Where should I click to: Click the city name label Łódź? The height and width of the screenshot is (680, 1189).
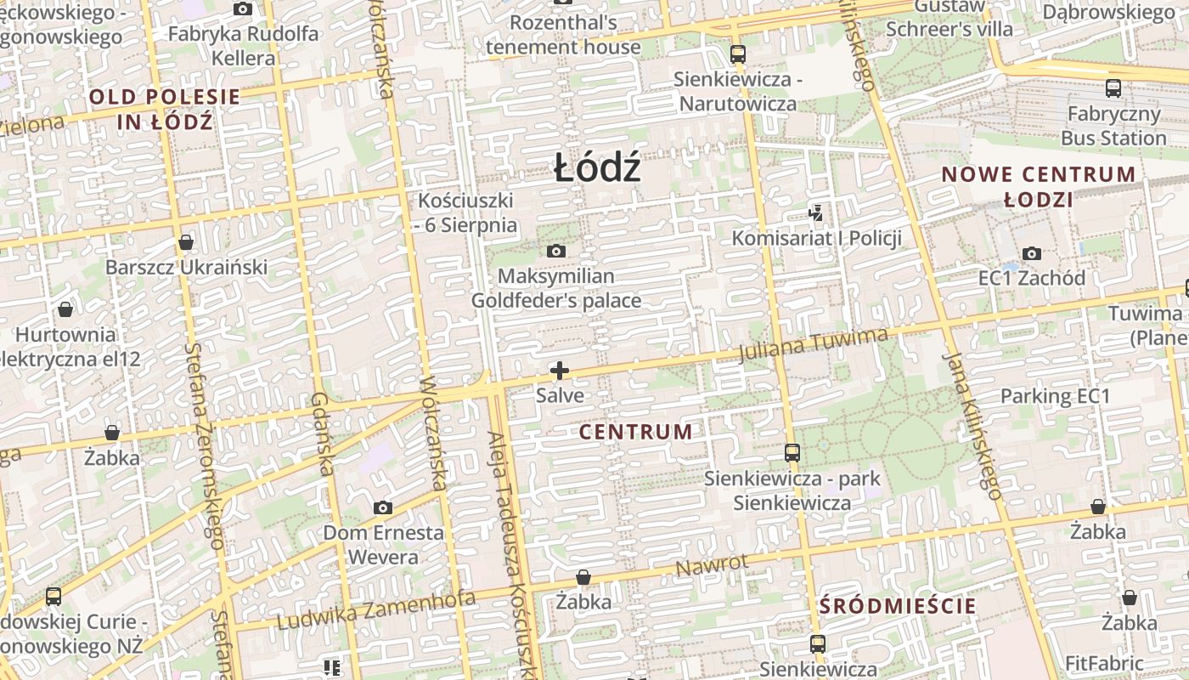pos(596,168)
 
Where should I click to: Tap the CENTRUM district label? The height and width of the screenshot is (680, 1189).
pos(635,432)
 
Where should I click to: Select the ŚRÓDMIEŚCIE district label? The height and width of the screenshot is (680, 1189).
pos(898,606)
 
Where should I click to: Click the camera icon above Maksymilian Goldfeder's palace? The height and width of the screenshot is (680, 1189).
pos(556,251)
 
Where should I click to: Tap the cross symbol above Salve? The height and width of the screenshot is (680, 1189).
pos(560,371)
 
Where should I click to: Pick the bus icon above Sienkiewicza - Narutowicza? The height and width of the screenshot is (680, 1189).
pos(737,54)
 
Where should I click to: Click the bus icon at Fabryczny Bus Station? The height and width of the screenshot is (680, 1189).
pos(1113,88)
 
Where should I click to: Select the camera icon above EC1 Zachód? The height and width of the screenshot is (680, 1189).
pos(1032,253)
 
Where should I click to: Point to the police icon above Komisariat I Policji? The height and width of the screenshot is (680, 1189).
pos(816,212)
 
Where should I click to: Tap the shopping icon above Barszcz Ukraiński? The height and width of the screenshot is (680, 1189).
pos(186,243)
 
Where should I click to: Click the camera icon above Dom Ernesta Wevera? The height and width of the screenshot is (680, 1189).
pos(383,507)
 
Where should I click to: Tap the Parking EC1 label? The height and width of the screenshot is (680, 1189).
pos(1055,396)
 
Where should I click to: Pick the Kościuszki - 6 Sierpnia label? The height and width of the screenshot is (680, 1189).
pos(466,212)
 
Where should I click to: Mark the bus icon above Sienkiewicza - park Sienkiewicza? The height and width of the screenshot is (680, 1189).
pos(792,452)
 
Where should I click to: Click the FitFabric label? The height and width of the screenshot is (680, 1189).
pos(1104,663)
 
